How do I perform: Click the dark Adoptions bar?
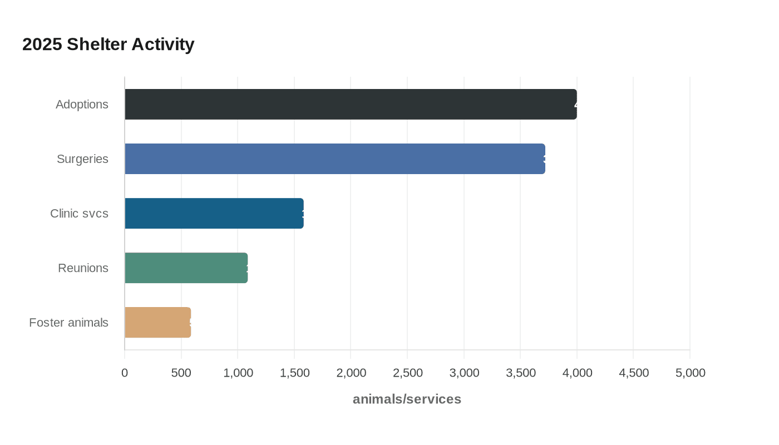point(351,104)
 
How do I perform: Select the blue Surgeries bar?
point(334,159)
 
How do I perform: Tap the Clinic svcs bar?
point(214,213)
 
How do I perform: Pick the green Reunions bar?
point(186,268)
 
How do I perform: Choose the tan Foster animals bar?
point(157,322)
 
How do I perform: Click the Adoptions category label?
point(82,105)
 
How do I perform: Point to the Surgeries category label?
point(82,159)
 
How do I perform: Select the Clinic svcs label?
point(79,214)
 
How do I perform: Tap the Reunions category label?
point(83,268)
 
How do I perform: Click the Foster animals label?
point(68,323)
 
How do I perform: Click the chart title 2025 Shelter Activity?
point(108,44)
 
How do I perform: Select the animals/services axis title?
point(407,399)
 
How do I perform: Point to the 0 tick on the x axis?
point(125,373)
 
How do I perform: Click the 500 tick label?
point(181,373)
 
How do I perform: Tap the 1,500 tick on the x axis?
point(294,373)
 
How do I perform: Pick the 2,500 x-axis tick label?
point(407,373)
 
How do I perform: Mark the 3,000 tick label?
point(464,373)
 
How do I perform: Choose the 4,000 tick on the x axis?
point(577,373)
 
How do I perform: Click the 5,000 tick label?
point(690,373)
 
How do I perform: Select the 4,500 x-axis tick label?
point(634,373)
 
